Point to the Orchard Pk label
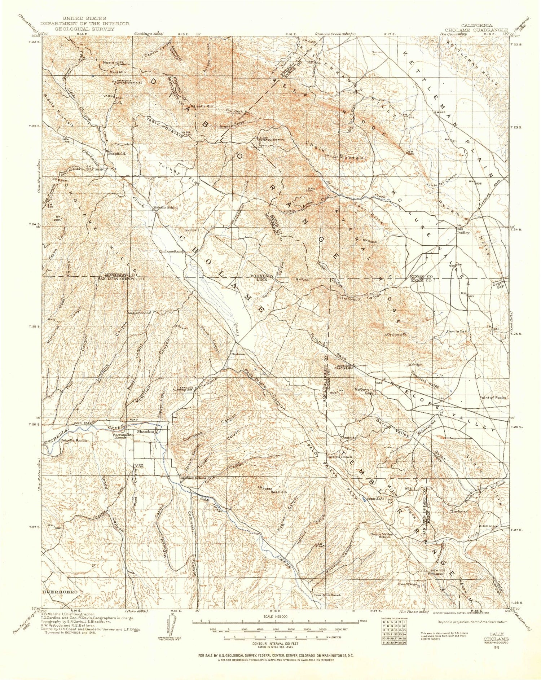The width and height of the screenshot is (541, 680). [x=397, y=335]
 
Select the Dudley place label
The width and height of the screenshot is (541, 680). [x=463, y=233]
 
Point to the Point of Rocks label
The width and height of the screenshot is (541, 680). [x=493, y=397]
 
